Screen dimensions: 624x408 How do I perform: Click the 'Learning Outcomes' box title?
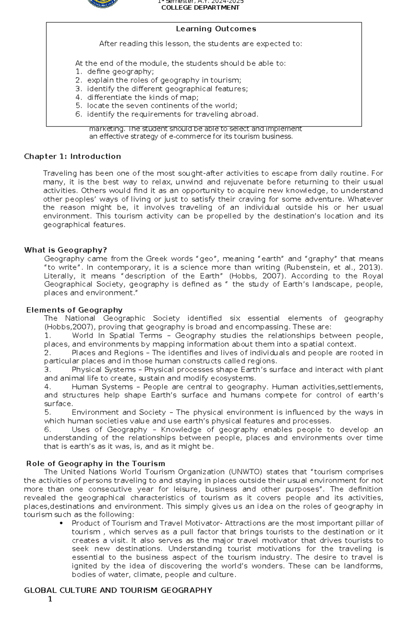coord(216,29)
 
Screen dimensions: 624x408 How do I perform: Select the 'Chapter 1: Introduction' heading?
coord(72,156)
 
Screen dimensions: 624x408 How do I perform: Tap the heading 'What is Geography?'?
coord(66,250)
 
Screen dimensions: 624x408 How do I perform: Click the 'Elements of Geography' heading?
coord(74,310)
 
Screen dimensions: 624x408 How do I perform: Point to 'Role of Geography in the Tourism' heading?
coord(96,463)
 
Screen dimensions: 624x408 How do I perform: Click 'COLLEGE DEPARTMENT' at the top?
coord(200,8)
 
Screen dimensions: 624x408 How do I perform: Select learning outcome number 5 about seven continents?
coord(162,105)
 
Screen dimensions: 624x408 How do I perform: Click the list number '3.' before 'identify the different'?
coord(79,89)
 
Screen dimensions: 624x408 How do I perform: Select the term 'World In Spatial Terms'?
coord(117,336)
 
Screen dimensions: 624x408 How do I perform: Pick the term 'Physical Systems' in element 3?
coord(104,370)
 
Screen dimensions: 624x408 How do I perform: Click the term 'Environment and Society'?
coord(119,412)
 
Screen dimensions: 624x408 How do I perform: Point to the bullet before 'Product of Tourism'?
coord(61,523)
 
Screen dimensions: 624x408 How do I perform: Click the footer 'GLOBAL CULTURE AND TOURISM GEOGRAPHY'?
coord(118,590)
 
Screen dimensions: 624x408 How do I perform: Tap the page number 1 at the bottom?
coord(50,599)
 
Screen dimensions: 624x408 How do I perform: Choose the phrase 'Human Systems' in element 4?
coord(102,387)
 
